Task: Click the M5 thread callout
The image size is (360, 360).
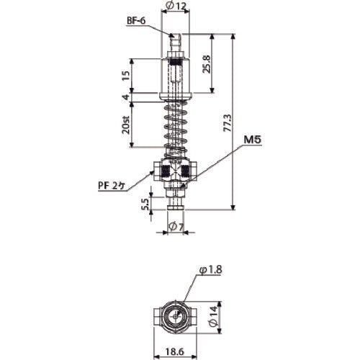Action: [x=252, y=140]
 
